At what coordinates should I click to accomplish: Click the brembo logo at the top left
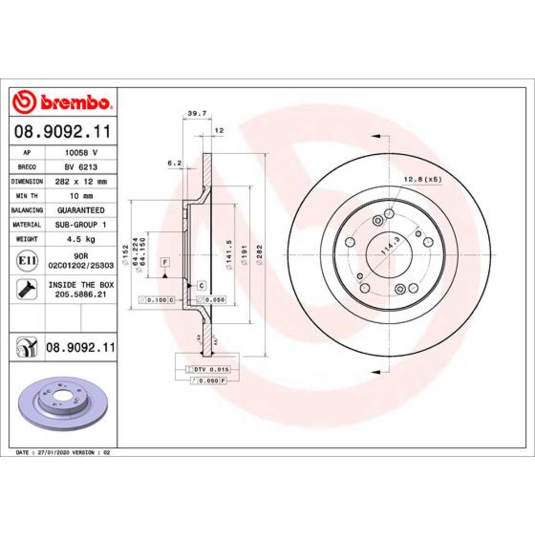click(x=62, y=102)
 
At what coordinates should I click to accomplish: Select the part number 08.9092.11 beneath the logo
click(x=62, y=132)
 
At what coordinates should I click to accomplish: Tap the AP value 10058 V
click(x=81, y=152)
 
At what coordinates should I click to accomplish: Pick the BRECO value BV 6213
click(x=81, y=167)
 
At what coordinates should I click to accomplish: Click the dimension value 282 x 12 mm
click(x=81, y=181)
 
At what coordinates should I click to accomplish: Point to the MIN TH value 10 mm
click(x=81, y=196)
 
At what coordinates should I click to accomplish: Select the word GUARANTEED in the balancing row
click(x=81, y=210)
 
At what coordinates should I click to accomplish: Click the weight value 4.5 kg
click(x=81, y=239)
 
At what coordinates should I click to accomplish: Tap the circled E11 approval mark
click(x=27, y=260)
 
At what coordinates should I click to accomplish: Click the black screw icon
click(x=27, y=289)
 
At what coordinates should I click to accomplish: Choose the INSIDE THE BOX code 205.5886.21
click(x=81, y=294)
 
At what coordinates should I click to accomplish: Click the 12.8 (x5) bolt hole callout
click(x=422, y=179)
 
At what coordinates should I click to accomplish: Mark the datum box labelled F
click(x=165, y=262)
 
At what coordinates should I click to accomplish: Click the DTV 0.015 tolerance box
click(x=213, y=370)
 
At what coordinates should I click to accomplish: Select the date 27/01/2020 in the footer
click(x=49, y=452)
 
